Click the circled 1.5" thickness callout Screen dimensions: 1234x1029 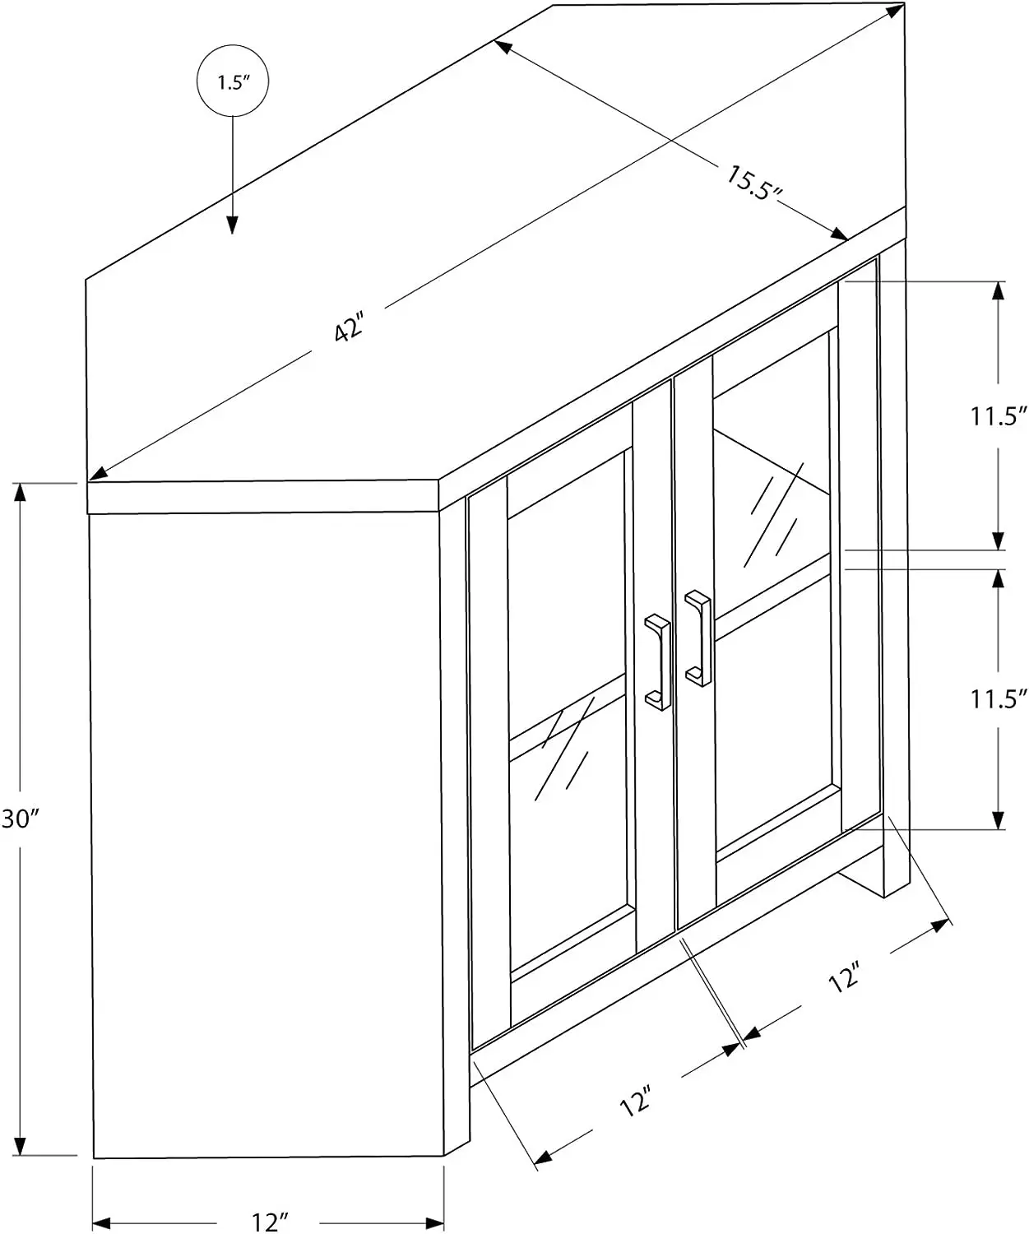coord(233,82)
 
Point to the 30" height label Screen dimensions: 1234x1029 coord(20,819)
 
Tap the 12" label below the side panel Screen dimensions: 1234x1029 coord(268,1222)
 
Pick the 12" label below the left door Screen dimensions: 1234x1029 coord(636,1102)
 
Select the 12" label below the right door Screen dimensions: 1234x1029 coord(845,977)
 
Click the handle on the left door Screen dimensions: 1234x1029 coord(660,661)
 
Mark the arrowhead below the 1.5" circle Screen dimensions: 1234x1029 coord(233,224)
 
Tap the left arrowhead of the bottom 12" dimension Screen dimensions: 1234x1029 coord(101,1221)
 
